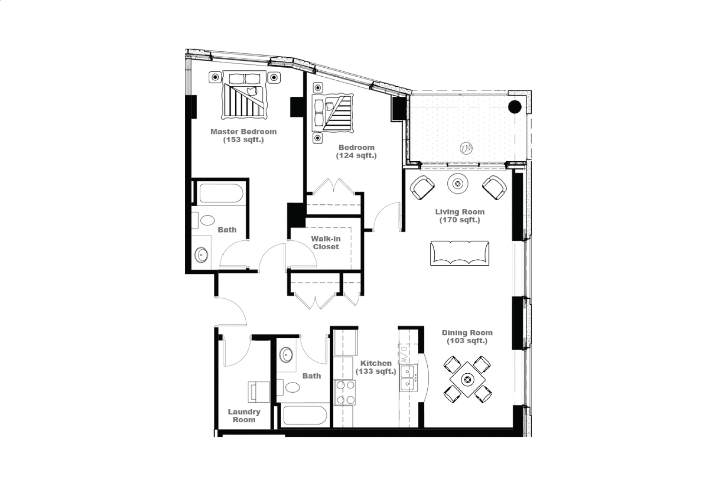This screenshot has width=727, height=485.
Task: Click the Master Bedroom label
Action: pyautogui.click(x=243, y=132)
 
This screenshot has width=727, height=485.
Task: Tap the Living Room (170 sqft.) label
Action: pyautogui.click(x=460, y=216)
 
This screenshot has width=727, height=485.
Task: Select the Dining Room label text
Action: pyautogui.click(x=467, y=333)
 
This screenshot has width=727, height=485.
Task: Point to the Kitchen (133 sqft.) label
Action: pyautogui.click(x=376, y=367)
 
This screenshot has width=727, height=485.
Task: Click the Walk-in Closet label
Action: pyautogui.click(x=326, y=242)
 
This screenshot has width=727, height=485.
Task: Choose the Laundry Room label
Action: pyautogui.click(x=244, y=416)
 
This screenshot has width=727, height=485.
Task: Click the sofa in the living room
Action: pyautogui.click(x=460, y=253)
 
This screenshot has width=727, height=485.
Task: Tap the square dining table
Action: pyautogui.click(x=467, y=379)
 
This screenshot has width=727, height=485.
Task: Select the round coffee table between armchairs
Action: pyautogui.click(x=458, y=184)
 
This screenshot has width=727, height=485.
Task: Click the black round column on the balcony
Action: pyautogui.click(x=514, y=106)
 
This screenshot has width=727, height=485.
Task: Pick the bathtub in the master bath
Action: pyautogui.click(x=221, y=193)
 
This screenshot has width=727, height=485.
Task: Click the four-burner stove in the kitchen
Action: pyautogui.click(x=345, y=392)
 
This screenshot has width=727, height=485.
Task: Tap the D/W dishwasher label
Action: pyautogui.click(x=403, y=354)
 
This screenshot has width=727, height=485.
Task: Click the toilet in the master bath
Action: pyautogui.click(x=204, y=220)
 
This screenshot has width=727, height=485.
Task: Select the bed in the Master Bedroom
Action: pyautogui.click(x=244, y=95)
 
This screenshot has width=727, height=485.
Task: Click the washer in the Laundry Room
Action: pyautogui.click(x=259, y=392)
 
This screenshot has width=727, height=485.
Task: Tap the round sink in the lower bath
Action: pyautogui.click(x=286, y=355)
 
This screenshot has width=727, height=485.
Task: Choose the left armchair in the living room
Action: pyautogui.click(x=422, y=187)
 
